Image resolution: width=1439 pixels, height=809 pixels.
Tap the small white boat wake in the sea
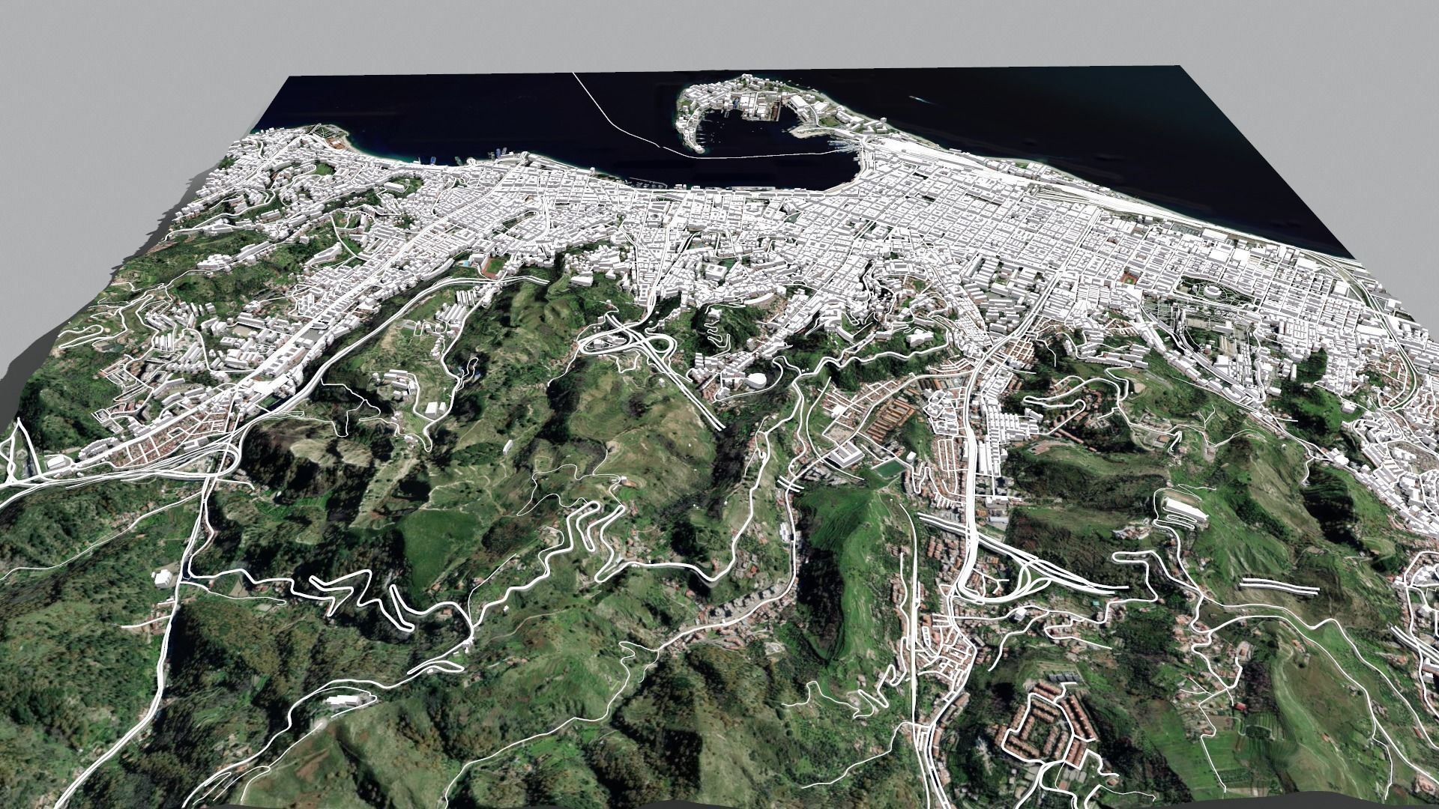(x=917, y=97)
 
